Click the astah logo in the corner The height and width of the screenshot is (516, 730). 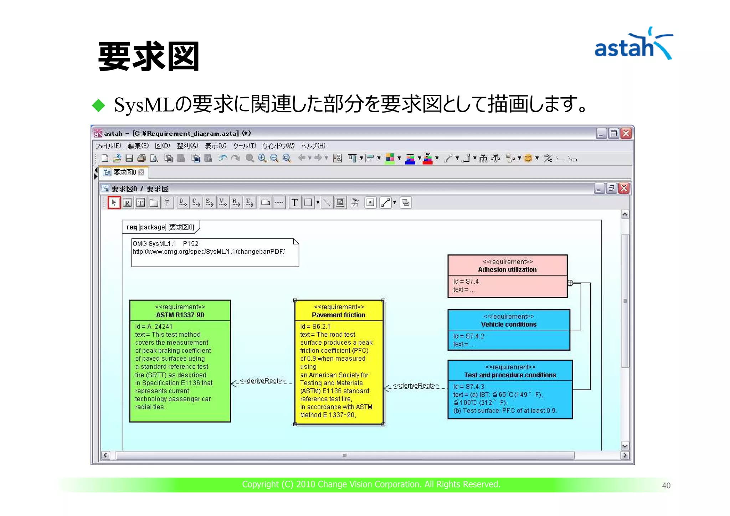[633, 45]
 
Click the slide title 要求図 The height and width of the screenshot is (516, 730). [149, 56]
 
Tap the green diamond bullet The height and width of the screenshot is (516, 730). [98, 105]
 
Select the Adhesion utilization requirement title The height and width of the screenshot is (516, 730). [507, 270]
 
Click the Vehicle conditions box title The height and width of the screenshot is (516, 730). [509, 324]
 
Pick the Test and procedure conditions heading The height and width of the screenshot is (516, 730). [510, 375]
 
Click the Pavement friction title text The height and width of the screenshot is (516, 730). [338, 315]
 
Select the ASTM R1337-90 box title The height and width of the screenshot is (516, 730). [180, 315]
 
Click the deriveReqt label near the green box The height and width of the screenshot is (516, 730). [263, 381]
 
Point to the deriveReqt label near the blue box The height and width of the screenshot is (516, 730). [416, 386]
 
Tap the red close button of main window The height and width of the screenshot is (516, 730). [626, 134]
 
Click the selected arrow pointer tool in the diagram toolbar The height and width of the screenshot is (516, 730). [114, 203]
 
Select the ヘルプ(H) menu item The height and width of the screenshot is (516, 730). [313, 146]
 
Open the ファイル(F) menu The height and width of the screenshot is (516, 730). [108, 146]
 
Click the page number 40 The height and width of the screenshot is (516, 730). [666, 485]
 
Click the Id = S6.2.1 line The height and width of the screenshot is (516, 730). [315, 326]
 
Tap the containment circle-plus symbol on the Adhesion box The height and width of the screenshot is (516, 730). [570, 283]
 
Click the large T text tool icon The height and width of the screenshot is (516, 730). [294, 203]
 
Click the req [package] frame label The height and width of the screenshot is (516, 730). [160, 227]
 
